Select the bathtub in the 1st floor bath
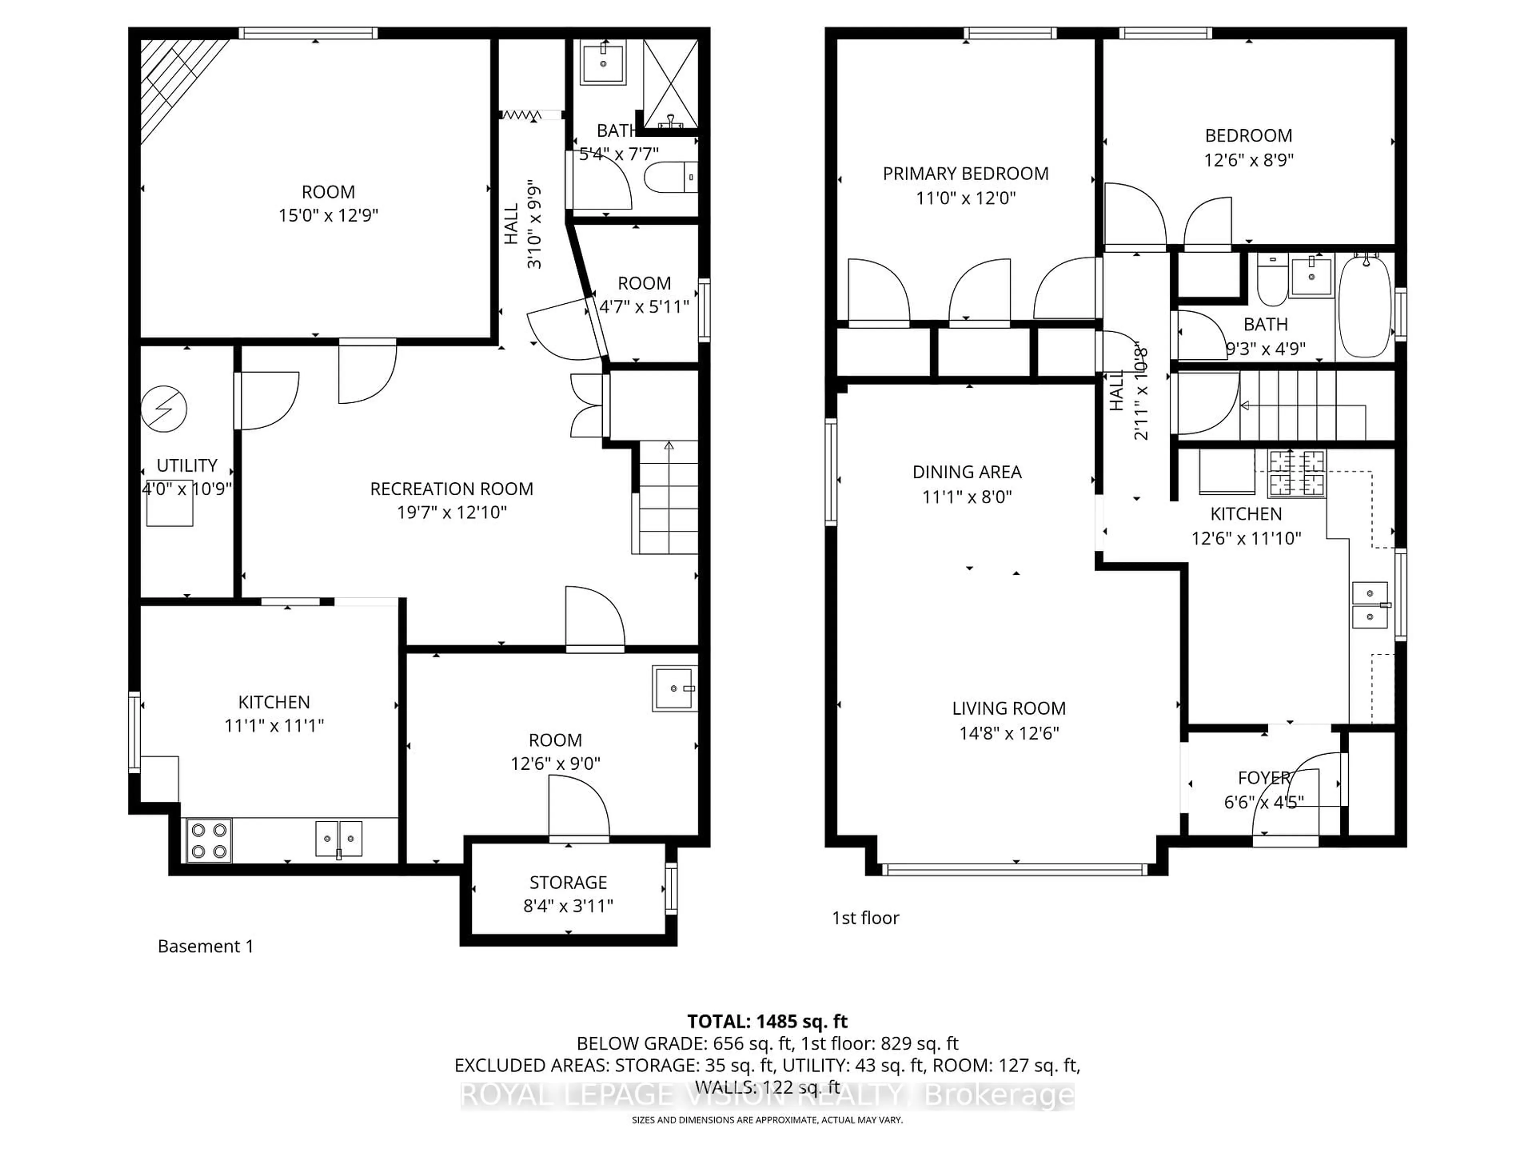pyautogui.click(x=1364, y=305)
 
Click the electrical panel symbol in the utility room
pyautogui.click(x=164, y=408)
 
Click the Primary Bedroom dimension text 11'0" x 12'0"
pyautogui.click(x=965, y=198)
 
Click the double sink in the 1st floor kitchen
pyautogui.click(x=1370, y=604)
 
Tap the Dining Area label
pyautogui.click(x=967, y=472)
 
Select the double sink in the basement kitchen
pyautogui.click(x=339, y=838)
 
